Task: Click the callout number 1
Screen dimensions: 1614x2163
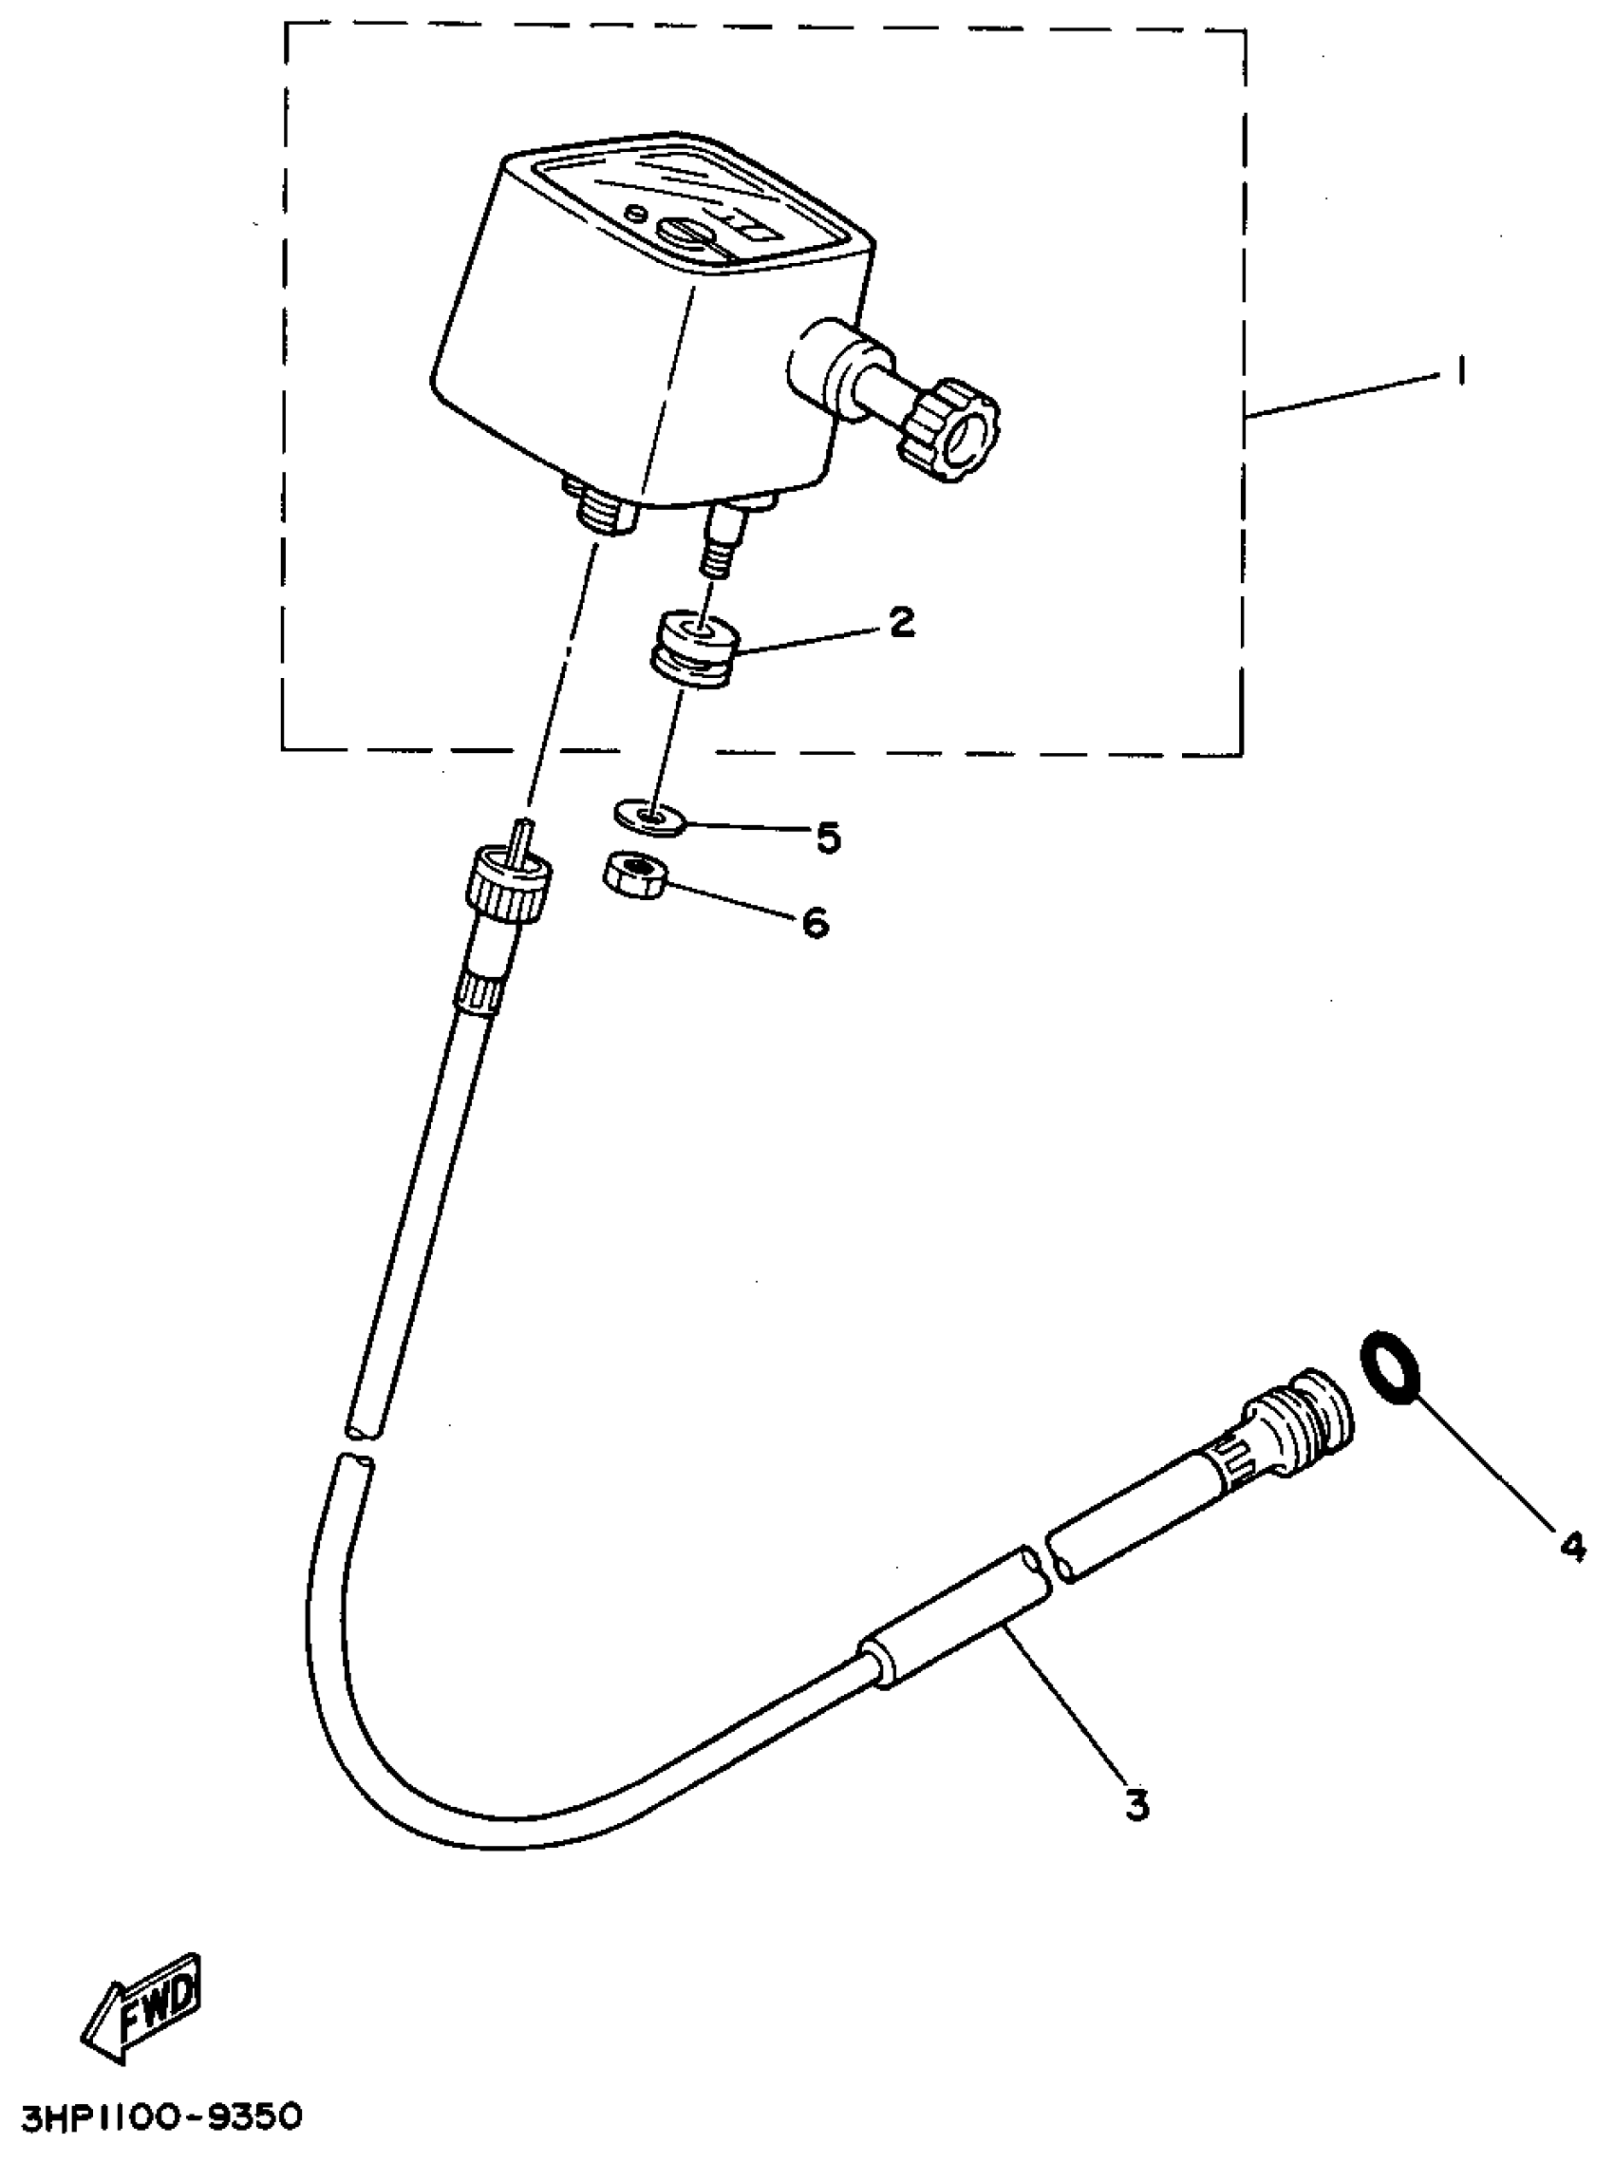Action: point(1459,372)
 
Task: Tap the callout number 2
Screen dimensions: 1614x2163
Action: point(901,621)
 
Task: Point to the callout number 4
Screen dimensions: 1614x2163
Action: point(1571,1546)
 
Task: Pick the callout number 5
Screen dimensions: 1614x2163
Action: point(829,837)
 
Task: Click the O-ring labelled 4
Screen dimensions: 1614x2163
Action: point(1390,1365)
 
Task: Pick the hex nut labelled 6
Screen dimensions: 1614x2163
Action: point(633,873)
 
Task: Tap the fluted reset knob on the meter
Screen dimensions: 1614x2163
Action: point(948,431)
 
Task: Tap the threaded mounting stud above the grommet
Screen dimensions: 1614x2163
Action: point(721,540)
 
